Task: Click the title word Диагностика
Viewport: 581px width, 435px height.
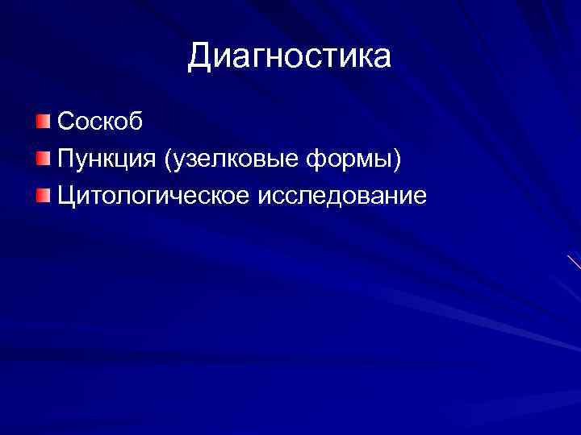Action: [290, 57]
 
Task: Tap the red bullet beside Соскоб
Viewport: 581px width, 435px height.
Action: [42, 122]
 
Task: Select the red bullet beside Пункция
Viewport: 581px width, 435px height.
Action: [42, 159]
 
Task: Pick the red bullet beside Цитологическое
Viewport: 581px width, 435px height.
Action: [42, 195]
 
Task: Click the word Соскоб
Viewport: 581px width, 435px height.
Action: [101, 122]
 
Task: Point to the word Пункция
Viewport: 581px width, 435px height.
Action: [107, 159]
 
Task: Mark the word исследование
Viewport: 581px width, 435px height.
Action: [341, 196]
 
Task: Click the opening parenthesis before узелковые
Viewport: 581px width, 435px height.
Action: [167, 160]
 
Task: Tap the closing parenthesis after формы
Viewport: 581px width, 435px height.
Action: [396, 160]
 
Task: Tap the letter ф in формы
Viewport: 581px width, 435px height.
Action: [314, 160]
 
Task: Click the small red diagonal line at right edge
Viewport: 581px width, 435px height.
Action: [574, 262]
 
